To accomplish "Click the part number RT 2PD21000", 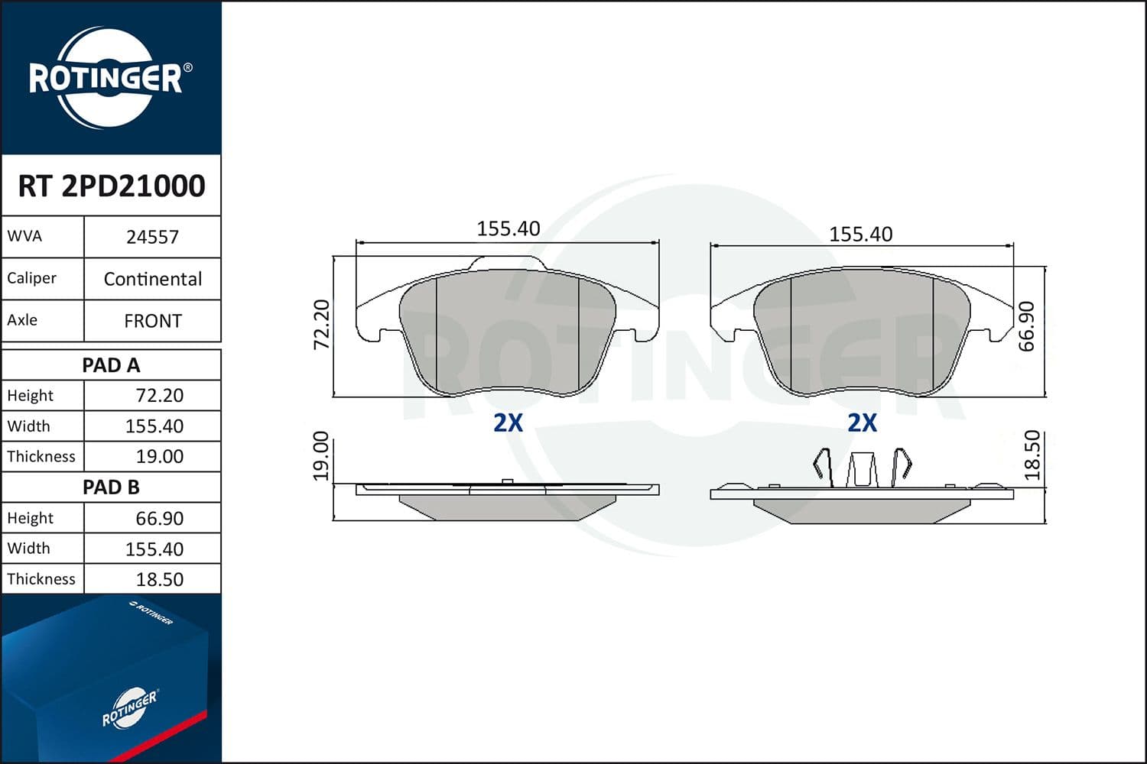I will (x=111, y=186).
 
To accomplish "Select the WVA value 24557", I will (x=152, y=237).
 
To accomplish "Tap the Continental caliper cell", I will (x=152, y=279).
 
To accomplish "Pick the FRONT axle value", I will (x=152, y=321).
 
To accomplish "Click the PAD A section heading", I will (x=111, y=365).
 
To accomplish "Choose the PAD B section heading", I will (x=111, y=487).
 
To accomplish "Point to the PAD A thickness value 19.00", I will (x=159, y=457).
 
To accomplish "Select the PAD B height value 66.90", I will (x=159, y=518).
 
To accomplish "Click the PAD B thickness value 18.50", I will (x=159, y=579).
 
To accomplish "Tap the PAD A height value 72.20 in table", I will (x=159, y=396).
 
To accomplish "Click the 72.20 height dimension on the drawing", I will (x=322, y=324).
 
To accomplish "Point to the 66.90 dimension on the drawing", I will (x=1027, y=325).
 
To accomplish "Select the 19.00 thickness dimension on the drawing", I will (x=321, y=456).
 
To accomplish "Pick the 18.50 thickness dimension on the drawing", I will (x=1032, y=455).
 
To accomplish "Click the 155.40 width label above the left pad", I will (x=508, y=228).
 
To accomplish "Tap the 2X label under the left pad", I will (x=508, y=422).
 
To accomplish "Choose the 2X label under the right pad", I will (x=862, y=422).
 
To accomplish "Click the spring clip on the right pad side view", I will (x=862, y=467).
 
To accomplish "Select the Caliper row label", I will (x=32, y=278).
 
